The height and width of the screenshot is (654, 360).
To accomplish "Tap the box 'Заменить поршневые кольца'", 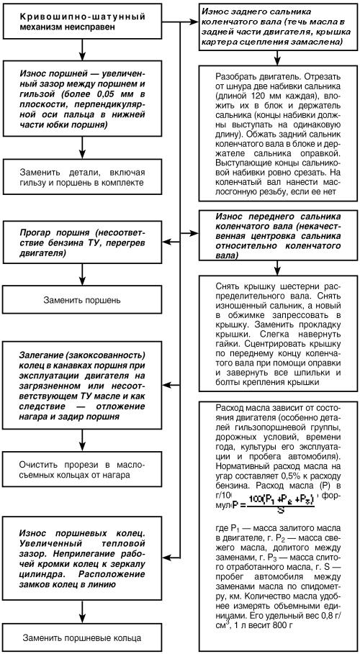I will click(85, 637).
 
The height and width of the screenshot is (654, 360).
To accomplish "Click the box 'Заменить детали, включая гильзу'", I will click(85, 176).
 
